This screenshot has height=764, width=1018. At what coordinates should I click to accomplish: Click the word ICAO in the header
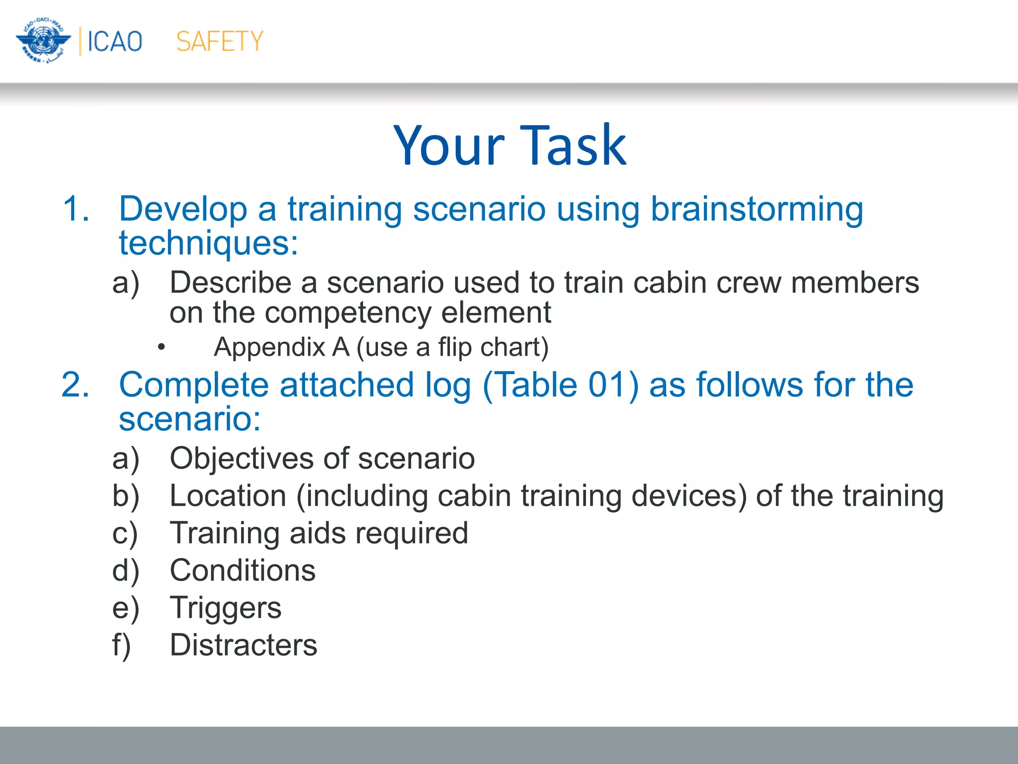(115, 41)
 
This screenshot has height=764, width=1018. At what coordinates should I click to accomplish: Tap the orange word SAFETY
(219, 41)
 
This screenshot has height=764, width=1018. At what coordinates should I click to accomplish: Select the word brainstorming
(757, 209)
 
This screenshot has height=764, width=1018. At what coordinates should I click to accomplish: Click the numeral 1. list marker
(76, 209)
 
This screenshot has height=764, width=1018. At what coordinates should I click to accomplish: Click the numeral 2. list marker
(76, 385)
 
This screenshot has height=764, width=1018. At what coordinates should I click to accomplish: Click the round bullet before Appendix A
(161, 347)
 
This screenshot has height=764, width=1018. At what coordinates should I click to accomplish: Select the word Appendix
(269, 347)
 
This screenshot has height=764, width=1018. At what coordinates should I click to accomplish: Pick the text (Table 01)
(560, 385)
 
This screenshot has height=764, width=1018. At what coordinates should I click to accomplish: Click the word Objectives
(258, 458)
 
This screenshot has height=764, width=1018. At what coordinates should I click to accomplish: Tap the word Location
(228, 496)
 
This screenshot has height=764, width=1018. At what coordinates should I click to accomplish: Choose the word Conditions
(243, 571)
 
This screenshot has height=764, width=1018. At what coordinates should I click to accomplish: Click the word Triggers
(225, 608)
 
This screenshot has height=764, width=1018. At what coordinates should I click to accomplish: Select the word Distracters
(243, 645)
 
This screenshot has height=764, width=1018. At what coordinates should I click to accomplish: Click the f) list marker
(121, 645)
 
